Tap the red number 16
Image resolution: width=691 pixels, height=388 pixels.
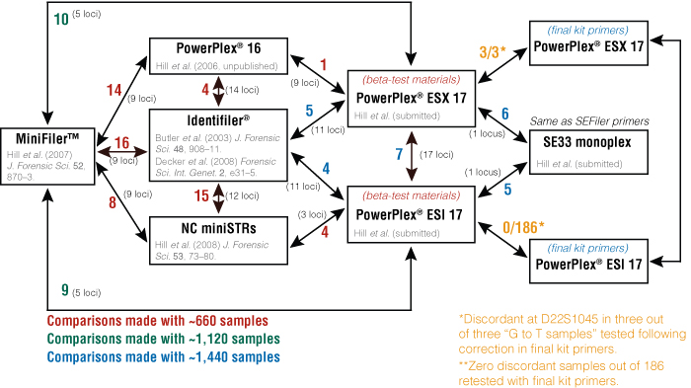(x=122, y=143)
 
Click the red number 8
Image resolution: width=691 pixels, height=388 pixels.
(x=113, y=204)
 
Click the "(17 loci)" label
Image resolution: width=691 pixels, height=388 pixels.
(x=432, y=155)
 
